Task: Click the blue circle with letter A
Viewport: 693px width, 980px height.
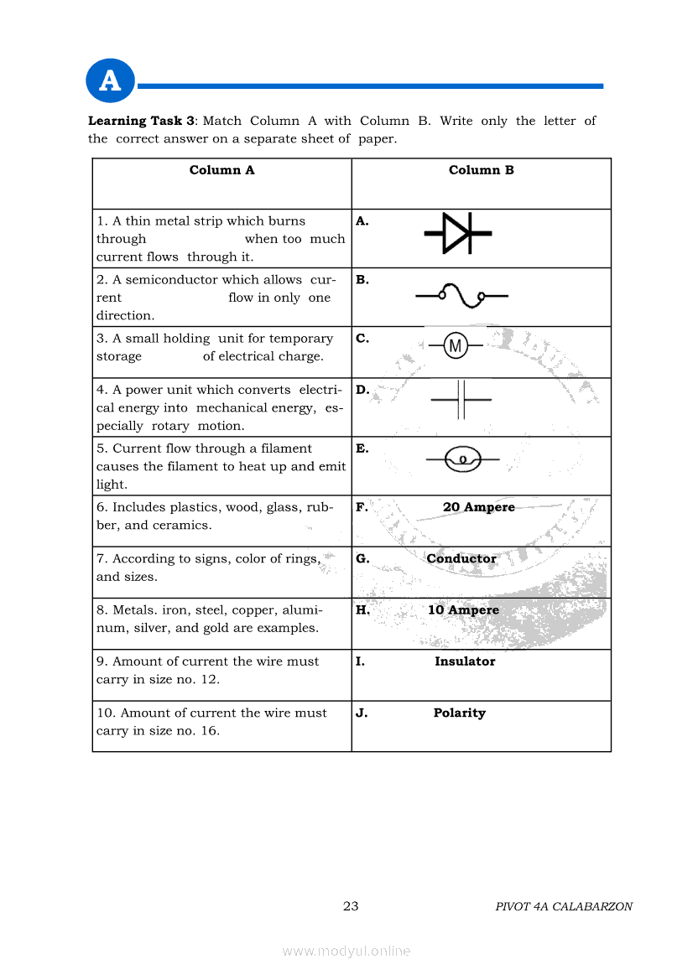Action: tap(110, 81)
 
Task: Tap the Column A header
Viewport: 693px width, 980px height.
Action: tap(221, 170)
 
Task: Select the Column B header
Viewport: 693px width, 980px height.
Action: tap(481, 170)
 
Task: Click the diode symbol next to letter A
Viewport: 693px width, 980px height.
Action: tap(457, 232)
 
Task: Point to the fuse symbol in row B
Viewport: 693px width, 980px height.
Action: tap(461, 295)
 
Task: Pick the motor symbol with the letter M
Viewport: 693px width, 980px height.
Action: tap(456, 345)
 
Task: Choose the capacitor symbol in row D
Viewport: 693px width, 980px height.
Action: tap(461, 399)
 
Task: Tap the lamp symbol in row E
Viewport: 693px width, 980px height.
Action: tap(462, 459)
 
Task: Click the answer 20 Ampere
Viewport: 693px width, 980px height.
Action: tap(478, 507)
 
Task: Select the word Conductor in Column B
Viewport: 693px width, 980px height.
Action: tap(461, 558)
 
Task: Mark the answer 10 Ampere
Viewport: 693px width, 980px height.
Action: tap(463, 610)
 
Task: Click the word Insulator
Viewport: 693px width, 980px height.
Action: tap(464, 661)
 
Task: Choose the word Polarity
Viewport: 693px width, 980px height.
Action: tap(459, 713)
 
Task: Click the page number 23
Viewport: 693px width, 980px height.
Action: tap(351, 906)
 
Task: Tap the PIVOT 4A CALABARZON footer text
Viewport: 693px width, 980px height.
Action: tap(564, 906)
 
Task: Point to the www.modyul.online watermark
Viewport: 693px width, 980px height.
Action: tap(346, 951)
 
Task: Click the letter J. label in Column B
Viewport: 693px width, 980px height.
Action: tap(362, 713)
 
